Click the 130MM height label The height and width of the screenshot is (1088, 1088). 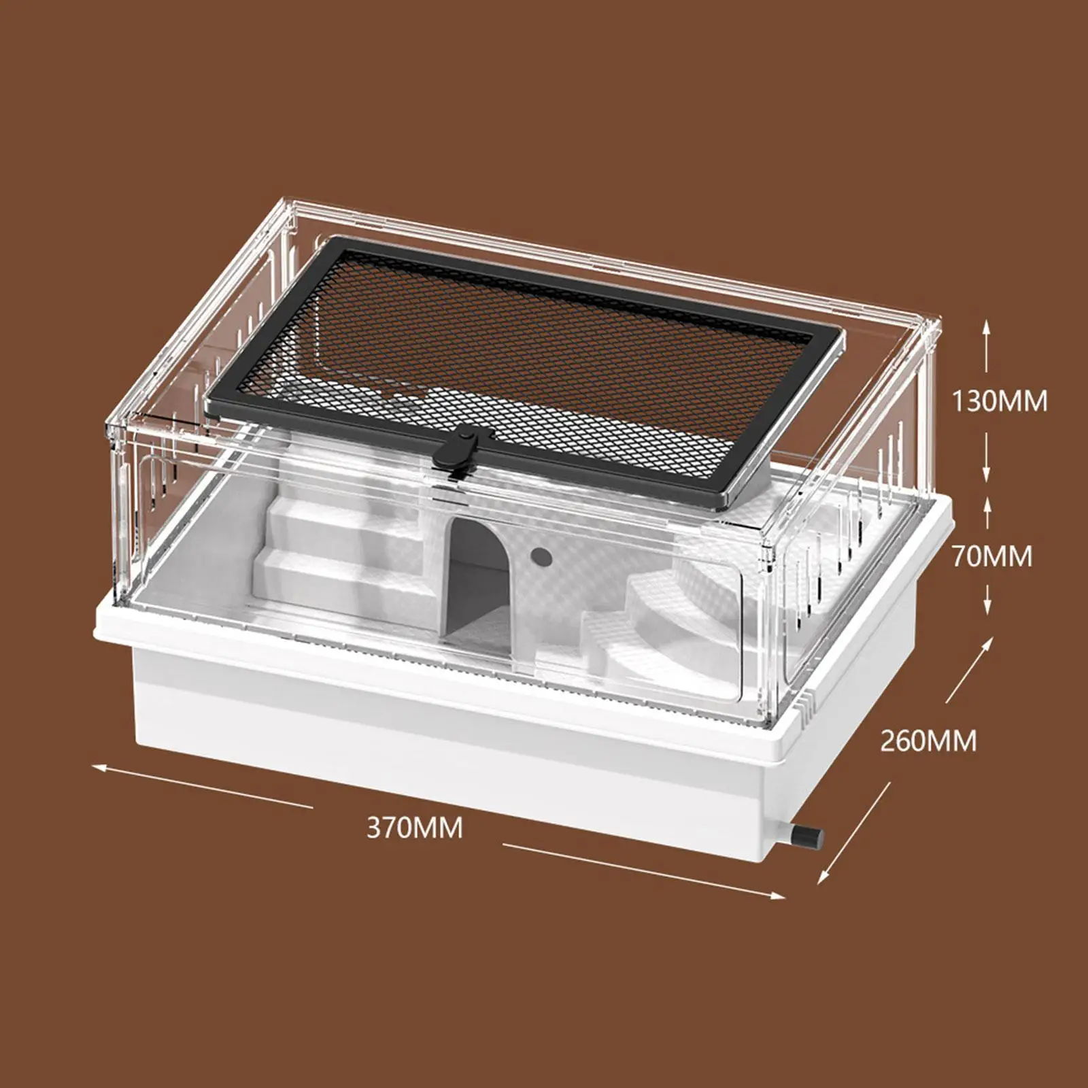(998, 401)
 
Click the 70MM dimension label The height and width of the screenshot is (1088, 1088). (991, 556)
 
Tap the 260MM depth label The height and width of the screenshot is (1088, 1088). (928, 741)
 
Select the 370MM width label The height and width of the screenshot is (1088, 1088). (415, 828)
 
